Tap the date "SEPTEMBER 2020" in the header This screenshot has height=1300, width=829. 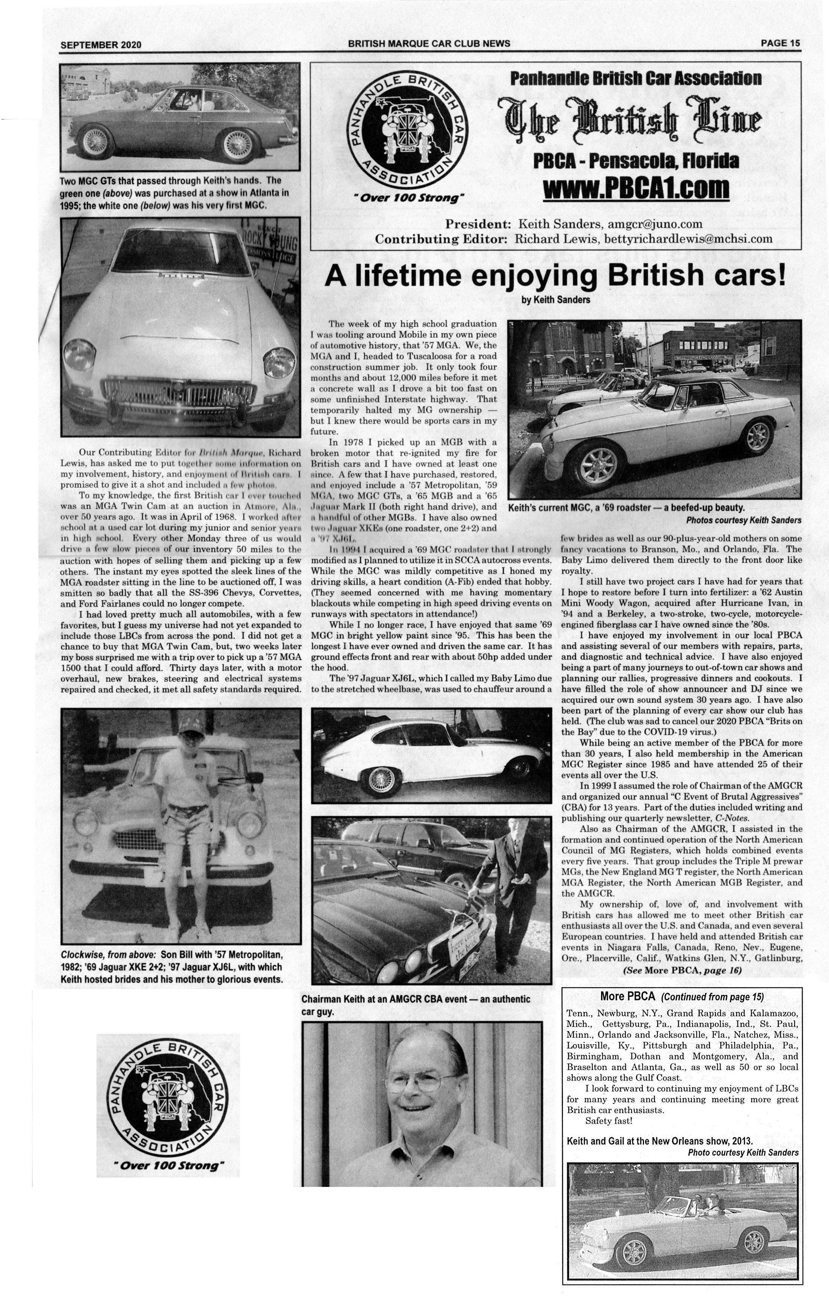101,45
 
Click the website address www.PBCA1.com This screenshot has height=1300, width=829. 635,189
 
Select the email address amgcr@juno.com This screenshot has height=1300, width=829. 655,224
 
